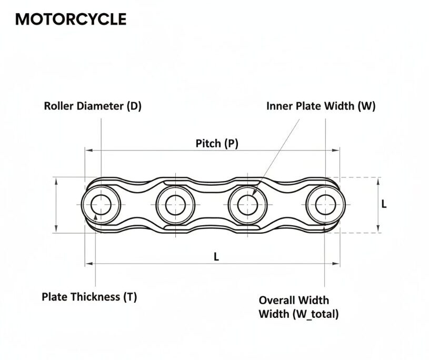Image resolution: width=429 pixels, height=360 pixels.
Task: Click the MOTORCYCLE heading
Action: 71,19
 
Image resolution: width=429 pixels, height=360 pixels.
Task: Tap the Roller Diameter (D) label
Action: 93,106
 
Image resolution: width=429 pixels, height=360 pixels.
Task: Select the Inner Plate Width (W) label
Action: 321,106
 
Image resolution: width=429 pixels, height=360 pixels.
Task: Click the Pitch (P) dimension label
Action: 217,143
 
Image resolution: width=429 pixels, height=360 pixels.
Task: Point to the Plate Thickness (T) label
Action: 89,297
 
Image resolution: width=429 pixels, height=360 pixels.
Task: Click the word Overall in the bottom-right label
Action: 278,301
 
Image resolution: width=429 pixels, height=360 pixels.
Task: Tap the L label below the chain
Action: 216,256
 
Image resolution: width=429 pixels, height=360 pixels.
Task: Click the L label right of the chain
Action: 384,204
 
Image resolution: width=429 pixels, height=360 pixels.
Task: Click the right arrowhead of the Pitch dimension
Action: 337,151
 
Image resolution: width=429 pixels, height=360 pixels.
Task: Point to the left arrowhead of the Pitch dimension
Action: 89,151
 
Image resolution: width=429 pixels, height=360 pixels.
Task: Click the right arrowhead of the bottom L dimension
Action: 337,263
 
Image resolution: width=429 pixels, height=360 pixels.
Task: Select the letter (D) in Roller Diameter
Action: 134,106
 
